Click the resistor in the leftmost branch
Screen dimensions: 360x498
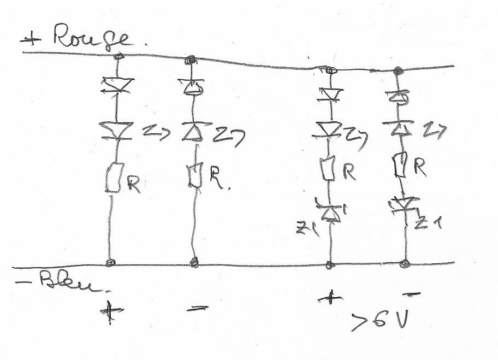point(113,178)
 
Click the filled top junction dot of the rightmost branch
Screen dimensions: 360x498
point(398,70)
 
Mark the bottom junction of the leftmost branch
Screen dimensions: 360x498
point(110,263)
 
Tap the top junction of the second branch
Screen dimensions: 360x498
point(191,60)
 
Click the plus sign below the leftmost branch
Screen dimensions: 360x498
point(111,312)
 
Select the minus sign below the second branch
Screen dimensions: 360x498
point(195,309)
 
